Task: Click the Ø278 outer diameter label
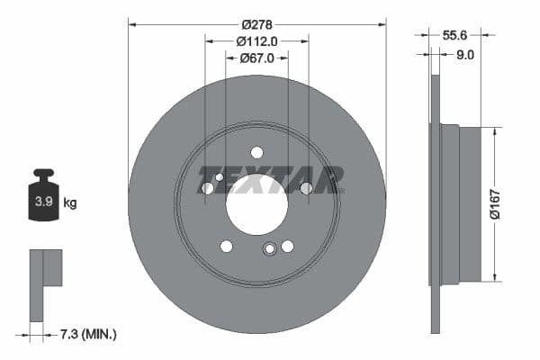click(x=256, y=23)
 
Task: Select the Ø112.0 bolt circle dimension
click(x=256, y=40)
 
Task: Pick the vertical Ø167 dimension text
click(x=493, y=203)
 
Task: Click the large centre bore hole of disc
click(x=256, y=205)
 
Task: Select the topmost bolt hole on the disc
click(x=256, y=152)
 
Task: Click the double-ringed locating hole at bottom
click(x=269, y=250)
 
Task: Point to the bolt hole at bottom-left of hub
click(x=226, y=246)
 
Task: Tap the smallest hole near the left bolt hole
click(x=220, y=177)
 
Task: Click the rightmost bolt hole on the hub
click(x=306, y=187)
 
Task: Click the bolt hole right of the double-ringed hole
click(x=288, y=246)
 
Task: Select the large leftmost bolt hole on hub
click(x=208, y=188)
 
